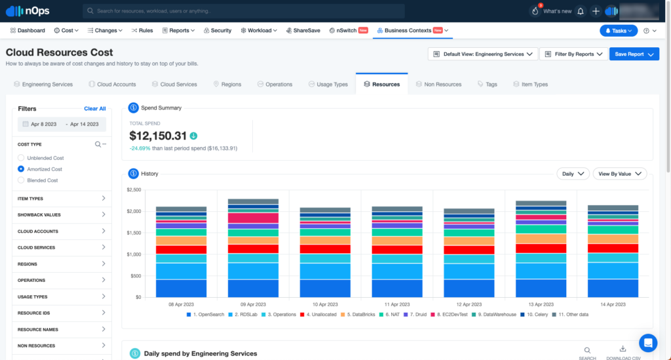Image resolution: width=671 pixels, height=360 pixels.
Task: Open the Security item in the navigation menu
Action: [x=217, y=30]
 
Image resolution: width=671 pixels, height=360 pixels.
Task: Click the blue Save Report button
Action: [x=633, y=54]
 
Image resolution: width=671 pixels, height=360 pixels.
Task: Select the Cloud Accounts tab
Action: [x=112, y=84]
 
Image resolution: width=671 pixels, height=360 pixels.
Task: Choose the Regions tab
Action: [x=227, y=84]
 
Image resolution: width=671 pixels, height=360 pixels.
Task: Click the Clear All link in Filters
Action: [x=95, y=109]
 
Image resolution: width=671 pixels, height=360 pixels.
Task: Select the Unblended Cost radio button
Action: [x=21, y=158]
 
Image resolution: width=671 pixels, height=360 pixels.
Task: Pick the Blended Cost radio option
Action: [x=21, y=180]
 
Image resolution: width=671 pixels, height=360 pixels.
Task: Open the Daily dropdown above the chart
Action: [x=572, y=174]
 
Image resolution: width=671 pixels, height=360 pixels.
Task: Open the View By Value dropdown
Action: [x=619, y=174]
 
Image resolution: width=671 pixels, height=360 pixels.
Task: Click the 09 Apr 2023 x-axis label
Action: [x=252, y=305]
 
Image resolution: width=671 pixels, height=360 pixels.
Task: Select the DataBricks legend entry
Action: [x=360, y=315]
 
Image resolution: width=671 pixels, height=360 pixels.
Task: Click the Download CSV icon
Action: [x=623, y=350]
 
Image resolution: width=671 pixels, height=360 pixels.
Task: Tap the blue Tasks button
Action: [x=618, y=30]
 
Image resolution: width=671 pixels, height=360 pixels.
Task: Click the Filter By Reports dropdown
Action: [x=573, y=54]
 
